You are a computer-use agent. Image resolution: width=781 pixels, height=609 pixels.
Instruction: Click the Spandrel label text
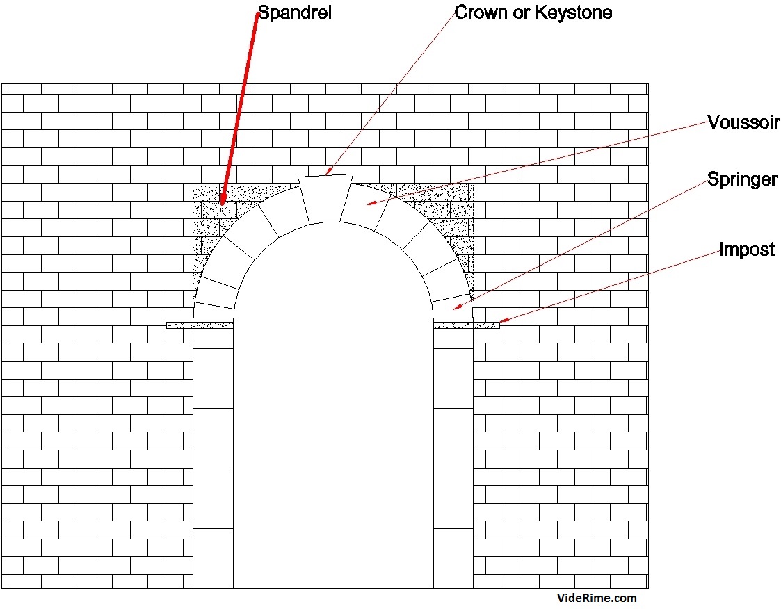(294, 13)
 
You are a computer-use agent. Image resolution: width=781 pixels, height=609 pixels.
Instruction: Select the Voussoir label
(743, 122)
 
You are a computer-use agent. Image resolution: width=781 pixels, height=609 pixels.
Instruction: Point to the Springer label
(742, 179)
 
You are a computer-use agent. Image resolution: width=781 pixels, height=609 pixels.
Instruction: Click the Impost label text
(746, 249)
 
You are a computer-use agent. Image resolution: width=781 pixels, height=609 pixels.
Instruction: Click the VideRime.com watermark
(597, 598)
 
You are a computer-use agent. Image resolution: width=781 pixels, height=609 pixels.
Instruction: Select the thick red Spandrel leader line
(240, 108)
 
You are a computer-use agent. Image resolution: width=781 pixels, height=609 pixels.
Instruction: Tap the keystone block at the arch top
(325, 199)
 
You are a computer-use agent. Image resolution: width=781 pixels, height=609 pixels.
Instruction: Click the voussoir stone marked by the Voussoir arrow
(365, 205)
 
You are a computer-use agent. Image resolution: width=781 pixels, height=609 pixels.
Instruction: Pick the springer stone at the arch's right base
(452, 310)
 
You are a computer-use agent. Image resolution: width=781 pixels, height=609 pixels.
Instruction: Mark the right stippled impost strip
(466, 325)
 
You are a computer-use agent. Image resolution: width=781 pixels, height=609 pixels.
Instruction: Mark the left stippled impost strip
(199, 325)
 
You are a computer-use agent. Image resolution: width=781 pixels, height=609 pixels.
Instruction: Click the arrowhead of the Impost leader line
(504, 320)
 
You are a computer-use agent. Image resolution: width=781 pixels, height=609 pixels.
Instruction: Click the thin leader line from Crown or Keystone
(391, 92)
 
